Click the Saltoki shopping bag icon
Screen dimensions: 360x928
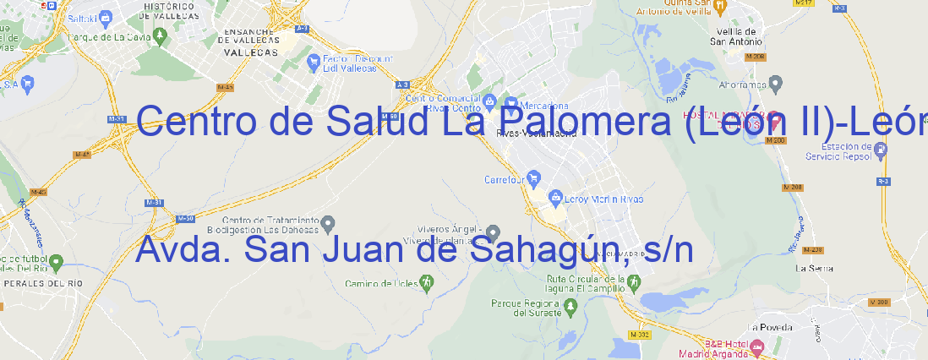(105, 16)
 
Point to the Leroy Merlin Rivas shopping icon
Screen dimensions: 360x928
(554, 198)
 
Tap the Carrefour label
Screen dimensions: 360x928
(505, 179)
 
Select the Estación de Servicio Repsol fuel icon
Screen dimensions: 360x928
(881, 150)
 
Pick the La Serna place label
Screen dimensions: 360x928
(815, 268)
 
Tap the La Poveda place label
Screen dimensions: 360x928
(770, 326)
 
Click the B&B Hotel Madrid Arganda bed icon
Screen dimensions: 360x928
(757, 346)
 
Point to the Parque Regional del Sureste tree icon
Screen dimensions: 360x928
(497, 302)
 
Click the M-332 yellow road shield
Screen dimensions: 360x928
(641, 335)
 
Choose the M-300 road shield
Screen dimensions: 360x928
(878, 303)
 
